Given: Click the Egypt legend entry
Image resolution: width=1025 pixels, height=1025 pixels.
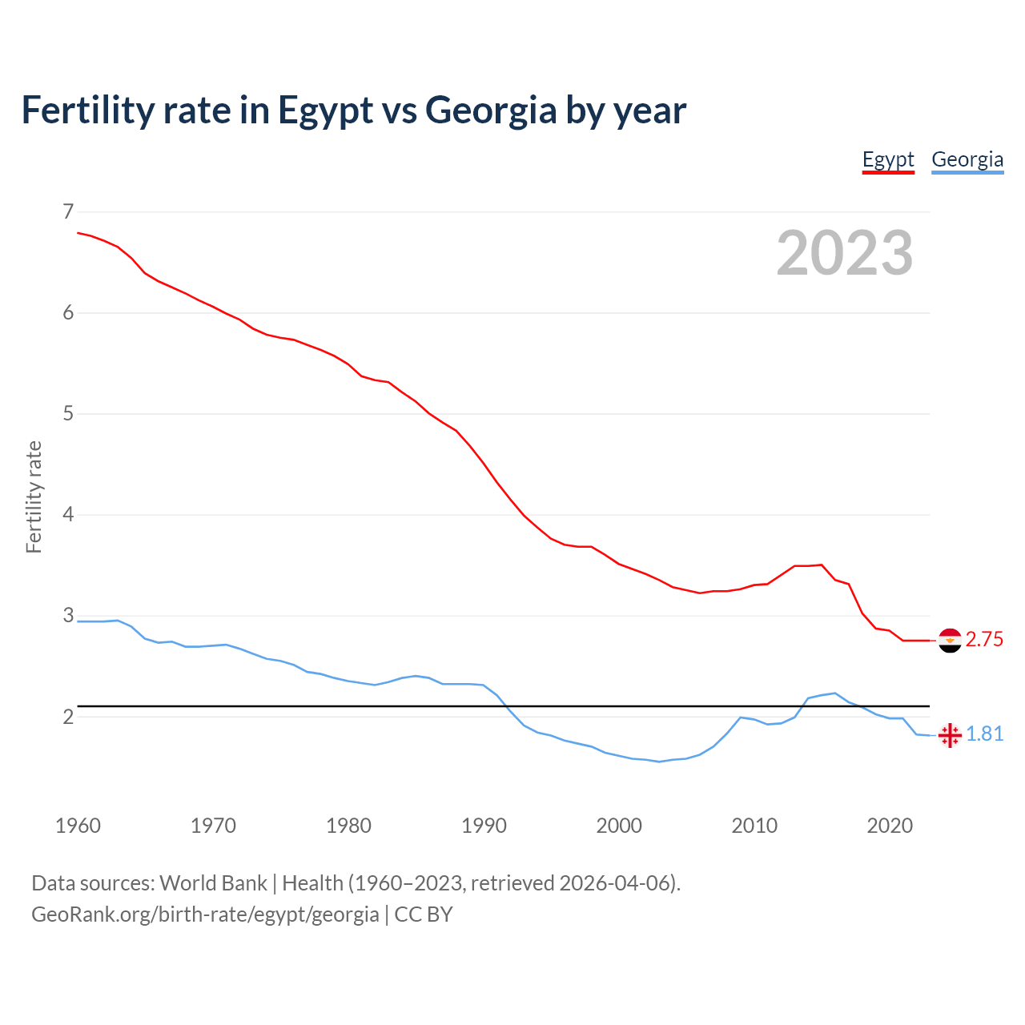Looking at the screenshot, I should tap(888, 159).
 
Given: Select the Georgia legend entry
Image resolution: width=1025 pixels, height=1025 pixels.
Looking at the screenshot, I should tap(967, 159).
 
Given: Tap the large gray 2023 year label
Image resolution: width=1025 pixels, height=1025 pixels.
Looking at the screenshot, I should tap(845, 253).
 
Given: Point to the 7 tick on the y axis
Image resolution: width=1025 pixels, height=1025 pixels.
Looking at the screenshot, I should tap(68, 211).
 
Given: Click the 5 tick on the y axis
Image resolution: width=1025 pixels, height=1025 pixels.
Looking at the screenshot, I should tap(68, 413).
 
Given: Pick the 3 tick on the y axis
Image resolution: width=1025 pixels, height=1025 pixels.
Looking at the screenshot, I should tap(68, 615).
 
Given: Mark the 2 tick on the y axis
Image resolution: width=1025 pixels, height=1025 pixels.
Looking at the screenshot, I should tap(68, 716).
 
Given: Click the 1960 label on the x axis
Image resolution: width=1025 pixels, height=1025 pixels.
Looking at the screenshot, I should tap(78, 826).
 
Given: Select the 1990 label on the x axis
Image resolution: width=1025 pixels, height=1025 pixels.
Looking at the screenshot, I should tap(484, 826).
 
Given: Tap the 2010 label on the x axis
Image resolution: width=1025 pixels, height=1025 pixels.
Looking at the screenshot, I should tap(754, 826).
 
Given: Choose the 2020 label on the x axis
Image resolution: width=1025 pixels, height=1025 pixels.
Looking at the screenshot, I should tap(890, 826).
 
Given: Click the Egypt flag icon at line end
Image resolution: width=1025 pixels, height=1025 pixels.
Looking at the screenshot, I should tap(950, 641).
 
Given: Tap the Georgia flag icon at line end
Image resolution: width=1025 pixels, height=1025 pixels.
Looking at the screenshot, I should tap(950, 735).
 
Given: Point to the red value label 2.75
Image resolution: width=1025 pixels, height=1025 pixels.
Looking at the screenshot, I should tap(984, 640).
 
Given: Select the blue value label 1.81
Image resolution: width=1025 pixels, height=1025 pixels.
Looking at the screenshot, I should tap(984, 734).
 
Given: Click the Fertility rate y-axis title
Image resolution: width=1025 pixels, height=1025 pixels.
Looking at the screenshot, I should tap(34, 496).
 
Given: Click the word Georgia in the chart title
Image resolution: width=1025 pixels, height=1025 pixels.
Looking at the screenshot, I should tap(491, 111).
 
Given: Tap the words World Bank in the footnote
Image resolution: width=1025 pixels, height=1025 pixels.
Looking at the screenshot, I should tap(213, 883).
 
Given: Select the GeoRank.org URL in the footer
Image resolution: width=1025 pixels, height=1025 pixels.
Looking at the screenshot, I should tap(205, 914).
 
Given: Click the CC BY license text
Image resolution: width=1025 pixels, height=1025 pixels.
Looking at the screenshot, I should tap(424, 914).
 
